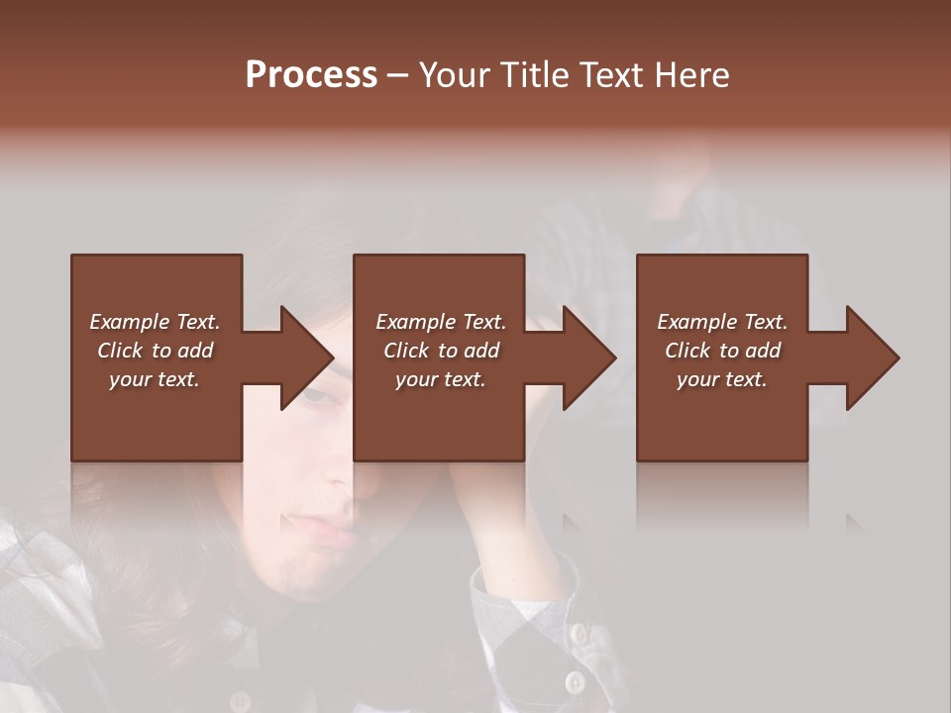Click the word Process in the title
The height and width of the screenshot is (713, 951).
pos(311,75)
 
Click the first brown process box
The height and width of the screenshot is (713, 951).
pos(157,416)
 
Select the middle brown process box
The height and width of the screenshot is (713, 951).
pos(439,416)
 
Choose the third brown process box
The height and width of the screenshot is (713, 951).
pos(722,416)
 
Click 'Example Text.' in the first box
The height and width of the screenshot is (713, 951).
pos(155,322)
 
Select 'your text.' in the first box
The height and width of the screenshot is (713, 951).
pos(155,379)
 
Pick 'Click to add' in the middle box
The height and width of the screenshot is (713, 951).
pos(441,351)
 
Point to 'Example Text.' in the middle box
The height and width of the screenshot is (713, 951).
pos(441,322)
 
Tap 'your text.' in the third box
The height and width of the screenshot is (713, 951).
pos(722,379)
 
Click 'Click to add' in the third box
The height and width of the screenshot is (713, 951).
pos(722,351)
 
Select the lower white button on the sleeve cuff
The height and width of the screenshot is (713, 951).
pos(575,681)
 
